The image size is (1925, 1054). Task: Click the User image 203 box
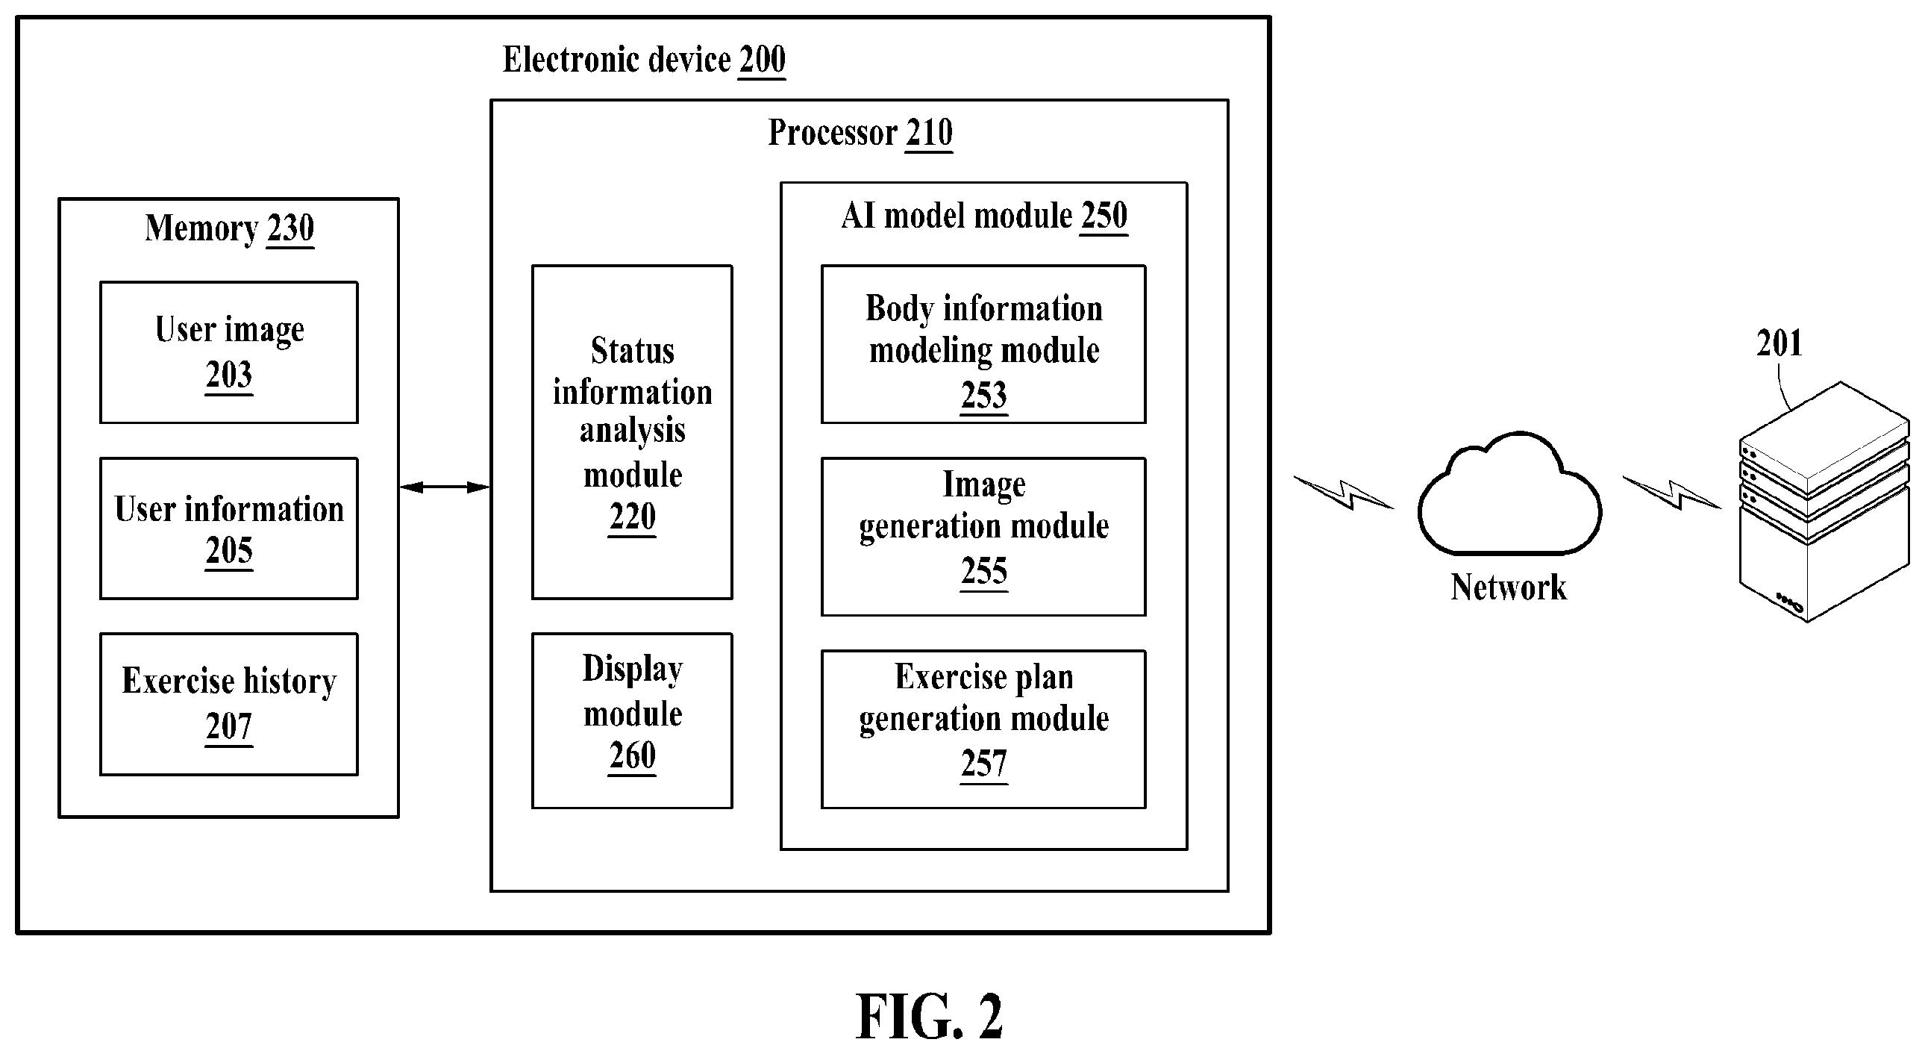pyautogui.click(x=228, y=352)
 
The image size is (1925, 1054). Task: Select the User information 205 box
pyautogui.click(x=228, y=528)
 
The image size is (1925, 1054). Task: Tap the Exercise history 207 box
pyautogui.click(x=228, y=704)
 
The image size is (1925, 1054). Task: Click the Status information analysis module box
pyautogui.click(x=632, y=432)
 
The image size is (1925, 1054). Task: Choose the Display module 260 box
pyautogui.click(x=632, y=720)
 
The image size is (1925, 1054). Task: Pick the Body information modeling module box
pyautogui.click(x=983, y=344)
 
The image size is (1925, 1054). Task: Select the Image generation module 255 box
pyautogui.click(x=983, y=537)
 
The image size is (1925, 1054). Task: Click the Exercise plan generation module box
pyautogui.click(x=983, y=729)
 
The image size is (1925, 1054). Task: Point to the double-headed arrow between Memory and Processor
pyautogui.click(x=445, y=487)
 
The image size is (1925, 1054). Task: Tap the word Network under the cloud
pyautogui.click(x=1508, y=587)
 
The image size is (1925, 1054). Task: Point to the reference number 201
pyautogui.click(x=1779, y=343)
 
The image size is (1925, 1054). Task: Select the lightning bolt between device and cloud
pyautogui.click(x=1344, y=493)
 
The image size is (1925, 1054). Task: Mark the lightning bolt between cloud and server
pyautogui.click(x=1671, y=493)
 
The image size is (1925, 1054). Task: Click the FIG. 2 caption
pyautogui.click(x=929, y=1017)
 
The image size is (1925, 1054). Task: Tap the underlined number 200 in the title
pyautogui.click(x=763, y=60)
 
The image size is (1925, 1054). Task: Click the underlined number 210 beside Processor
pyautogui.click(x=929, y=133)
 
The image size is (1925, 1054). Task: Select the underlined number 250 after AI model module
pyautogui.click(x=1104, y=216)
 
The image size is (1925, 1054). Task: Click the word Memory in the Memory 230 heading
pyautogui.click(x=201, y=228)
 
